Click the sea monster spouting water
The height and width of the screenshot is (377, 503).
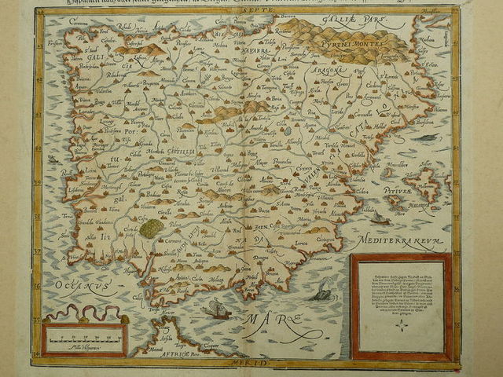[321, 293]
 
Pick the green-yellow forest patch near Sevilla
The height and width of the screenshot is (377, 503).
[151, 229]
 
